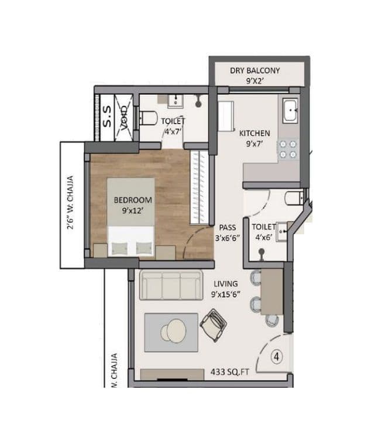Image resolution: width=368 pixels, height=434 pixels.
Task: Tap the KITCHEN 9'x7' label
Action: (x=254, y=138)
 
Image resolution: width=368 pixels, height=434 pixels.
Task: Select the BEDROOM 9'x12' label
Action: (x=133, y=204)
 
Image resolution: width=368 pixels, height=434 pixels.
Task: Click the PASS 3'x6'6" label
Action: (x=228, y=232)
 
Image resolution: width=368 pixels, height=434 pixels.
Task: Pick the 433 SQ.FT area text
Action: (x=229, y=371)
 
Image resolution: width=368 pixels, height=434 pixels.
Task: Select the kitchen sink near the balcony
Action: (x=291, y=111)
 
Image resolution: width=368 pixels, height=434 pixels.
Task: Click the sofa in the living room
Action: (x=170, y=286)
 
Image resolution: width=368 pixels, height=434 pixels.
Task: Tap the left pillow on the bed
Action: (x=119, y=248)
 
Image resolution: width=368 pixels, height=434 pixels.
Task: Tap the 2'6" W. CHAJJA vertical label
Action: (x=70, y=202)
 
